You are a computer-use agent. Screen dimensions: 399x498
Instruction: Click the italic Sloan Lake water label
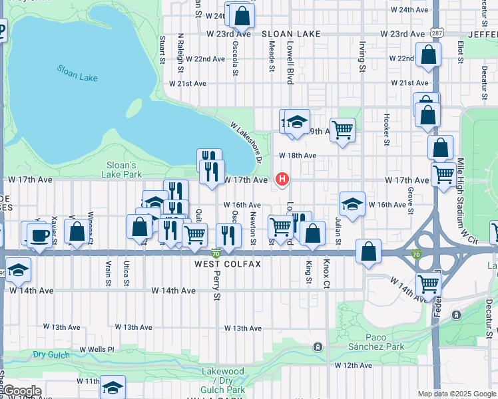pyautogui.click(x=77, y=73)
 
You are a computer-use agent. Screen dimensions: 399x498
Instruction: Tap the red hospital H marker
pyautogui.click(x=282, y=179)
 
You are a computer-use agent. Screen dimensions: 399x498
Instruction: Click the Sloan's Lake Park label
pyautogui.click(x=122, y=170)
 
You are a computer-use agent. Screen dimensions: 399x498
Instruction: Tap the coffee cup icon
pyautogui.click(x=39, y=236)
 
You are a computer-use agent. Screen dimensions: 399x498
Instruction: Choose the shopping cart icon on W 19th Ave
pyautogui.click(x=342, y=130)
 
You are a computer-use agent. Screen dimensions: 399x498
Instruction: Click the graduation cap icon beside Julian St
pyautogui.click(x=352, y=203)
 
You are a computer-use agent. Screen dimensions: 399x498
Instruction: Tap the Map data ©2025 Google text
pyautogui.click(x=456, y=394)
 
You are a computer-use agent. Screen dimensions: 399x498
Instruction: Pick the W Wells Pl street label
pyautogui.click(x=97, y=349)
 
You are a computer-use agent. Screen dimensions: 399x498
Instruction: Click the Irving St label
pyautogui.click(x=362, y=57)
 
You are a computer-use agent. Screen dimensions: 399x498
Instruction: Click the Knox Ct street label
pyautogui.click(x=326, y=272)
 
